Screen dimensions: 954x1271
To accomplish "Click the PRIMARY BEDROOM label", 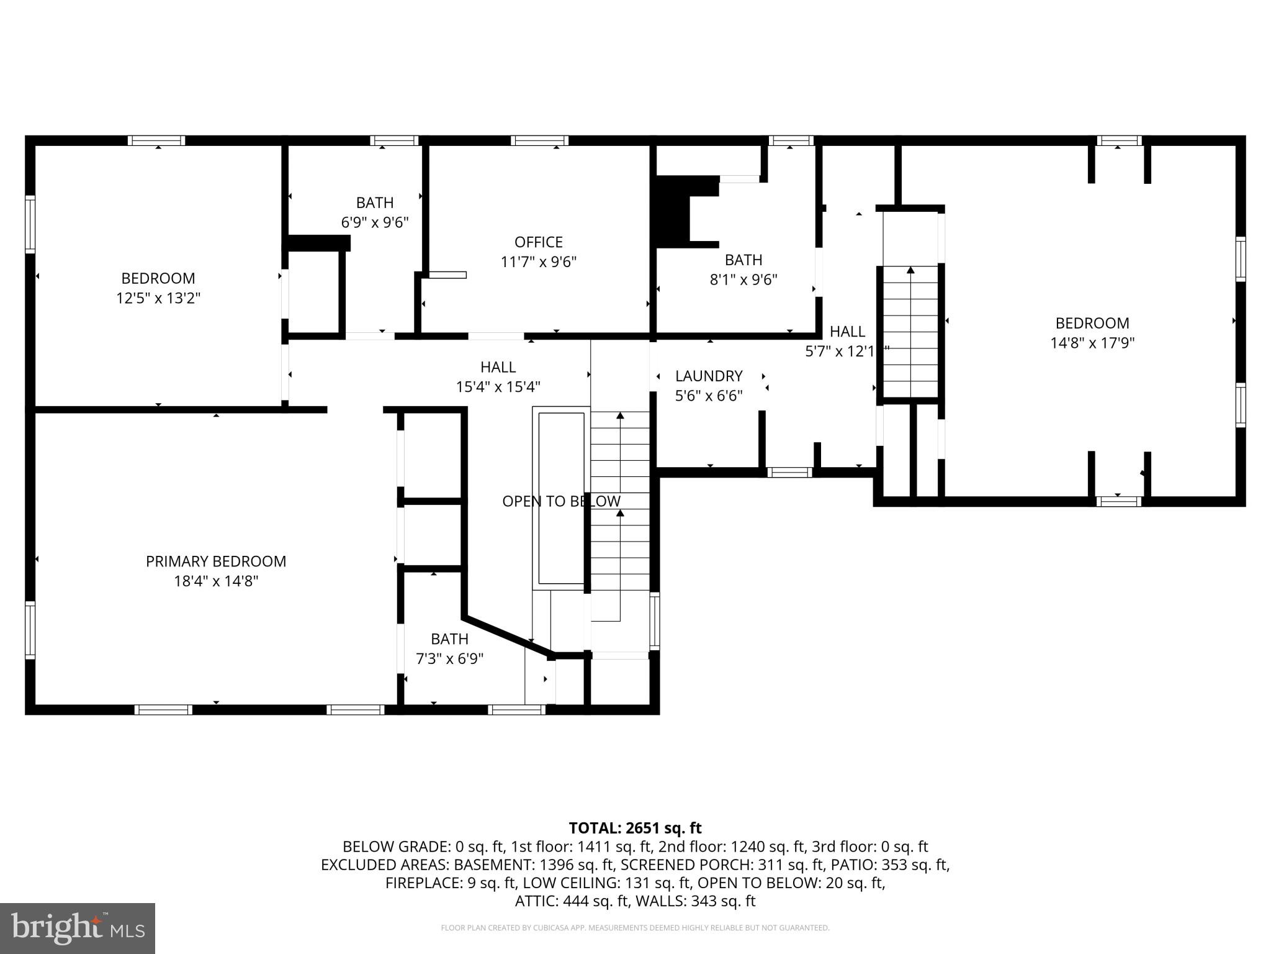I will tap(216, 561).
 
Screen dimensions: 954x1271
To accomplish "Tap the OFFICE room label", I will tap(539, 242).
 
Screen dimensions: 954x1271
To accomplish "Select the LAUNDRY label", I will tap(709, 376).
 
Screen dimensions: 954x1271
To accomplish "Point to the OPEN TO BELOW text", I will tap(561, 501).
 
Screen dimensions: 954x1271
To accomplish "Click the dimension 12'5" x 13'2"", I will tap(158, 298).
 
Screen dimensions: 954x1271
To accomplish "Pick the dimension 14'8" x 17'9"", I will tap(1092, 343).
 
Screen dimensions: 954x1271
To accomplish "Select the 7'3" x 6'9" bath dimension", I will tap(449, 659).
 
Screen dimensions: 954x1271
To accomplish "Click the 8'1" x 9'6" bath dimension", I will tap(743, 279).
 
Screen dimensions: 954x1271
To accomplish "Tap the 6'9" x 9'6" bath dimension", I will tap(375, 222).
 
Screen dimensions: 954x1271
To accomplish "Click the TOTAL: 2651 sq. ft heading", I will tap(635, 828).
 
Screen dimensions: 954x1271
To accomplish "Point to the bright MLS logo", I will tap(78, 929).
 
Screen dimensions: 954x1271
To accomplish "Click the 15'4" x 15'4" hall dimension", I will tap(498, 387).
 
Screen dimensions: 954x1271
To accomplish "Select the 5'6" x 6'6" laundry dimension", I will tap(709, 396).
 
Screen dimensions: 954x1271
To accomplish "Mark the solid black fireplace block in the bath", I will tap(674, 211).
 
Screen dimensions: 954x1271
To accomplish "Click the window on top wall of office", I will tap(539, 140).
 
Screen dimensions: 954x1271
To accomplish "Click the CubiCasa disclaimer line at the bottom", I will tap(635, 928).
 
